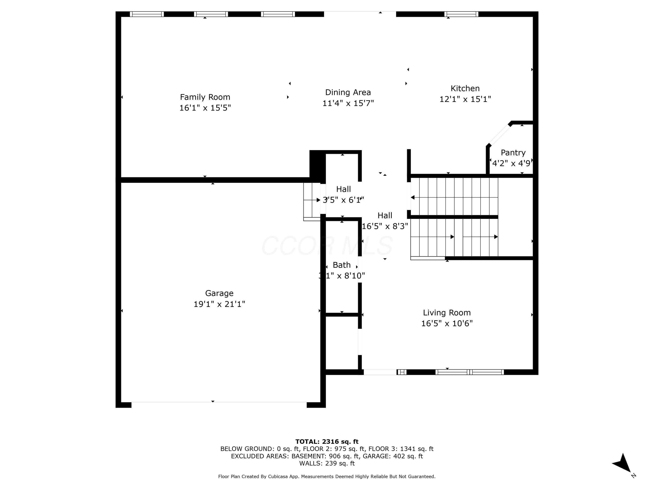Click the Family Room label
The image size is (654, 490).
click(x=205, y=97)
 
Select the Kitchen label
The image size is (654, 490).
click(x=465, y=88)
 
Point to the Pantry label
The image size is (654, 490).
click(x=513, y=153)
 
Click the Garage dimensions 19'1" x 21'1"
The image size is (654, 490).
click(x=219, y=304)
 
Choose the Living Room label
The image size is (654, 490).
click(x=447, y=313)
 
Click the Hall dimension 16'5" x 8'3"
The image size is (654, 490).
click(x=385, y=226)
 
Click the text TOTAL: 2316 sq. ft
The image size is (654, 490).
click(x=327, y=442)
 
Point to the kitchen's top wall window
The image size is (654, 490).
click(x=461, y=14)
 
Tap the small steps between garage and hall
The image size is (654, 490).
click(x=312, y=202)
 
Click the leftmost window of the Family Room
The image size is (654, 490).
click(x=147, y=14)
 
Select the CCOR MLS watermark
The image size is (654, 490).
click(x=327, y=245)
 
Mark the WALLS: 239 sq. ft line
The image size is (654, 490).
click(x=327, y=463)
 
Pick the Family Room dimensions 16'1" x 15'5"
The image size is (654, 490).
click(x=205, y=108)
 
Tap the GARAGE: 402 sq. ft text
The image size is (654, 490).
click(x=393, y=456)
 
